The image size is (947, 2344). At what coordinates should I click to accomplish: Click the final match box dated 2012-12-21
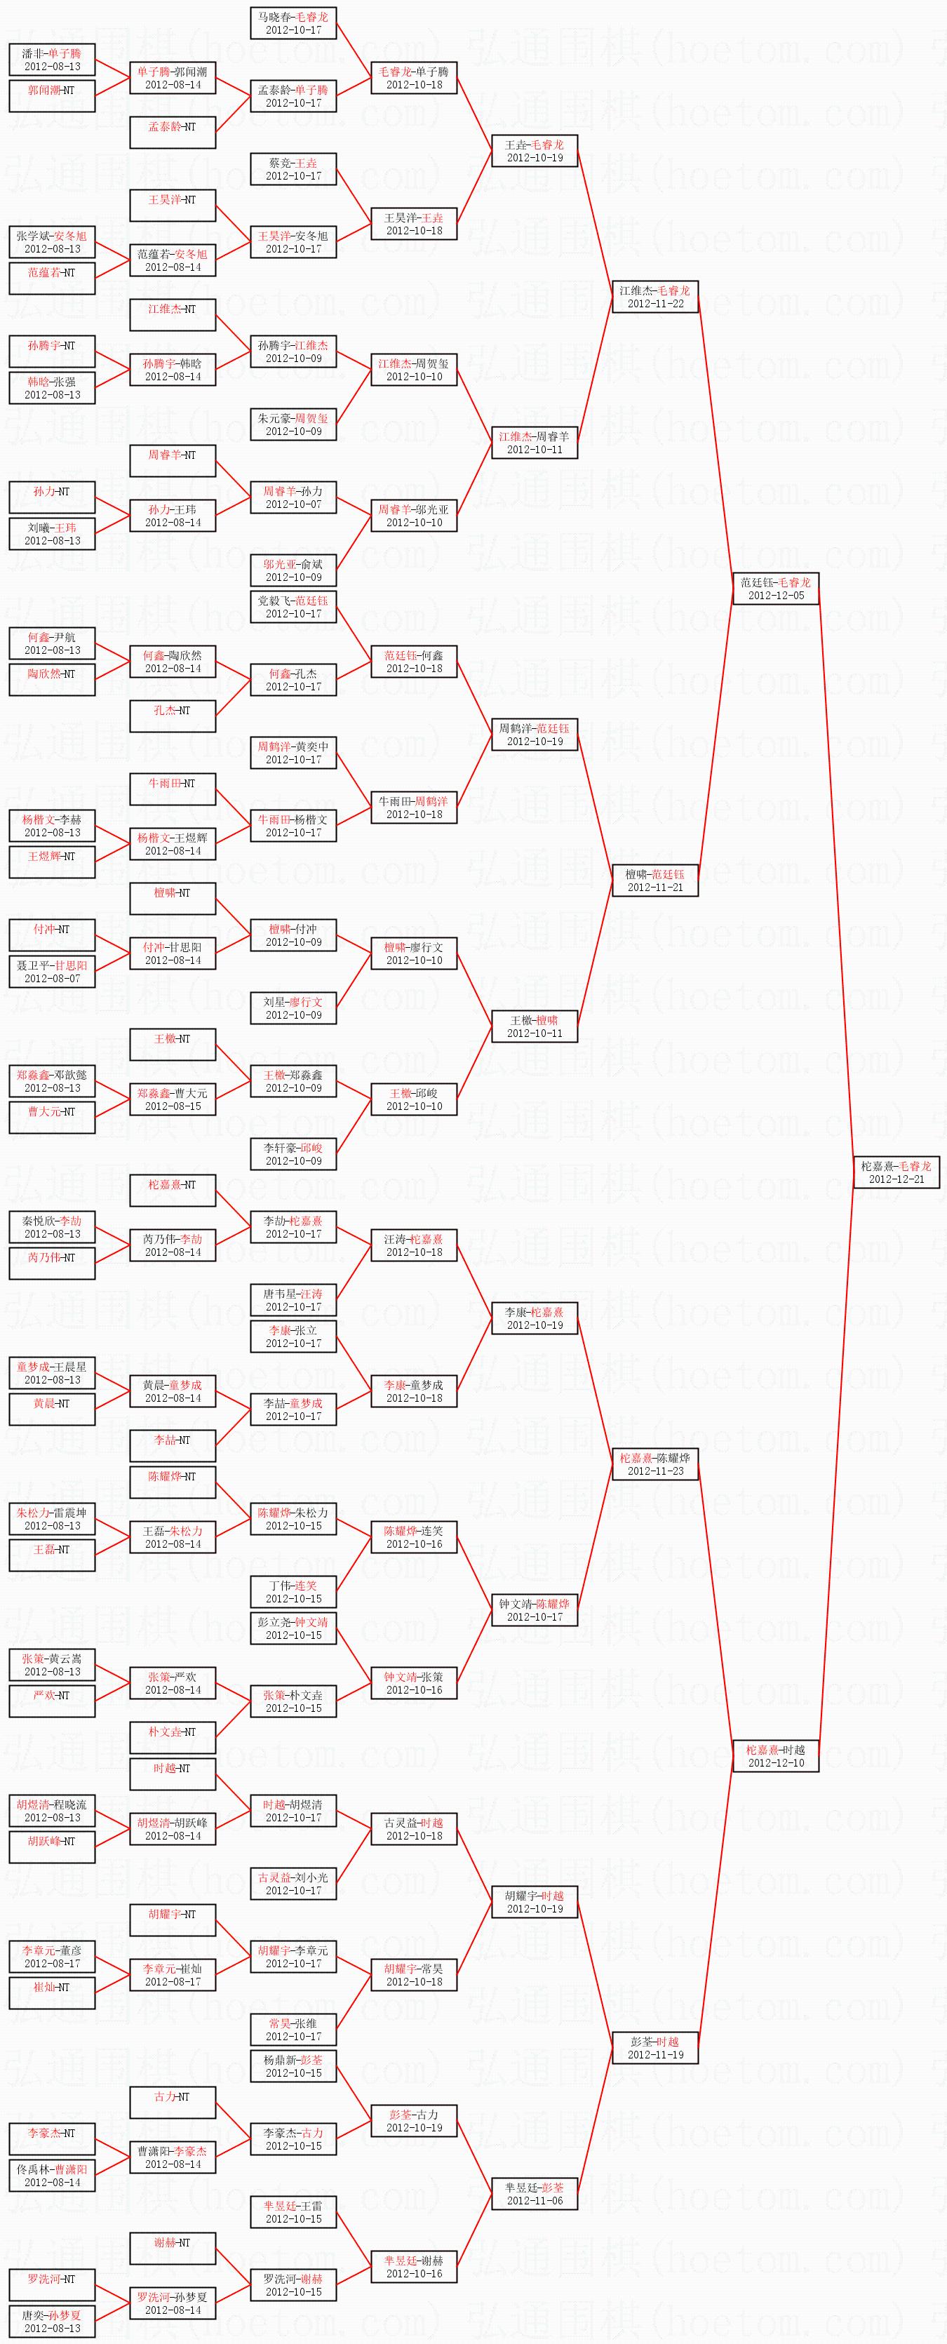coord(897,1172)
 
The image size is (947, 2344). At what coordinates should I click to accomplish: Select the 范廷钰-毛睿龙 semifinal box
coord(776,589)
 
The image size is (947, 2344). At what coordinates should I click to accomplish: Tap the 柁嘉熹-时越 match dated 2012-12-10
coord(776,1755)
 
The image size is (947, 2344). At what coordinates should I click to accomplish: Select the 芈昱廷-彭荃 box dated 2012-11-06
coord(534,2193)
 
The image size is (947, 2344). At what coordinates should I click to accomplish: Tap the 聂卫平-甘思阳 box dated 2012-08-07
coord(52,971)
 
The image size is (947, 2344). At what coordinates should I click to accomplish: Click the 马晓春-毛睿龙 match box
coord(293,22)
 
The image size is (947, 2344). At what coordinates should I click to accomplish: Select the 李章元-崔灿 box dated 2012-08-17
coord(172,1974)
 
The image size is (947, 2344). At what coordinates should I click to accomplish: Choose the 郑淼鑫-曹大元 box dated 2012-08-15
coord(172,1099)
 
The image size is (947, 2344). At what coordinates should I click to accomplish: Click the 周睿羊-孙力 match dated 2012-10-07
coord(293,497)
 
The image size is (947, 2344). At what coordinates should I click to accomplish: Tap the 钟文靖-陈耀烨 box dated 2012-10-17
coord(534,1609)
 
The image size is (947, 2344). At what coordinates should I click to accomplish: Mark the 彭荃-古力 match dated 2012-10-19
coord(414,2120)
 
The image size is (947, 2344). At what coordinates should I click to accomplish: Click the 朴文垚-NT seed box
coord(172,1737)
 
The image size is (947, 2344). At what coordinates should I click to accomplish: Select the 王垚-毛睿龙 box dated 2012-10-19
coord(534,150)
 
